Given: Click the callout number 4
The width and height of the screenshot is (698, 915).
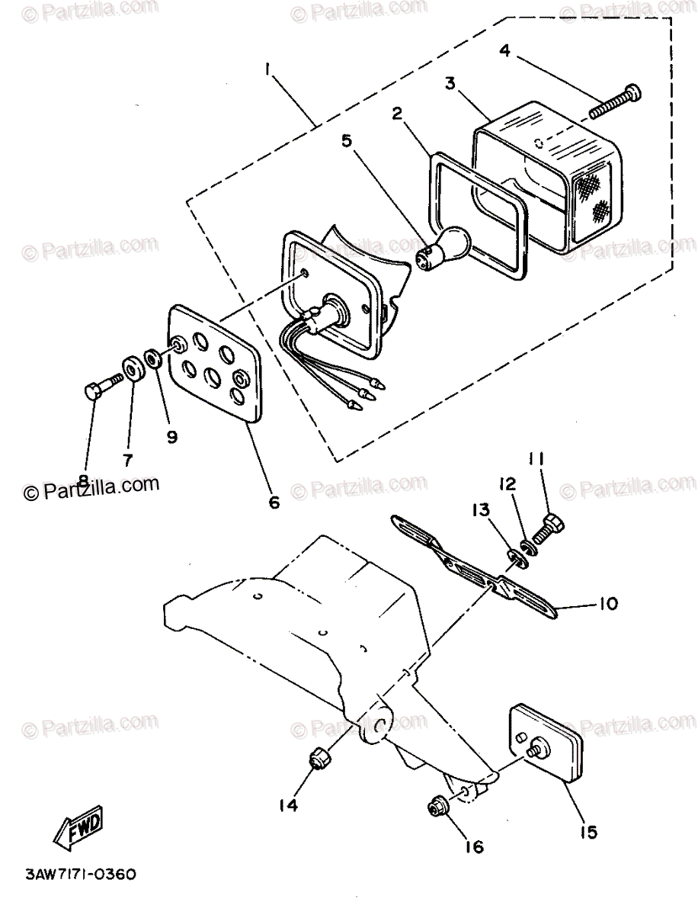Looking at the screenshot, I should pos(504,52).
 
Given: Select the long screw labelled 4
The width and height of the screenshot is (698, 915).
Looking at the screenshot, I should pos(614,104).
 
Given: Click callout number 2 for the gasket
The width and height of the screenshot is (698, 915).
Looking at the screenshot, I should pos(397,114).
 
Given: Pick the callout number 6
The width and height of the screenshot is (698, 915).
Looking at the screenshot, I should pos(274,502).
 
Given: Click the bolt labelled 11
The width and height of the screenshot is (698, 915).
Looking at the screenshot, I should pos(554,525).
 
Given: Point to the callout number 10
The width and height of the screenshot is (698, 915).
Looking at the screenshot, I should pos(607,604).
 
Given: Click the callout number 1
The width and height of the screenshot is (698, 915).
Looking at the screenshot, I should pos(268,69).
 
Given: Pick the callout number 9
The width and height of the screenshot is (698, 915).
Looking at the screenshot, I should pos(171,437).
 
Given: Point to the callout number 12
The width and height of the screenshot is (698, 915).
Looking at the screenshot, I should pos(507,483).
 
